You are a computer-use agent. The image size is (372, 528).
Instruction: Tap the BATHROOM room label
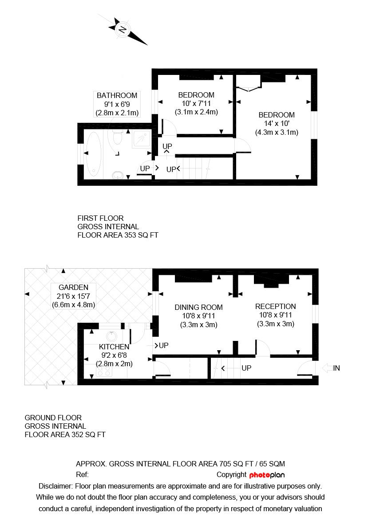117,95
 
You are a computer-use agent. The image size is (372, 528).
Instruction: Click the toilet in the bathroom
117,138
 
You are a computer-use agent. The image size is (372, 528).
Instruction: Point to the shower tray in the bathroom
142,139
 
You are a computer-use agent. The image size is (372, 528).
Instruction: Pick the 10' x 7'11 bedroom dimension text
196,103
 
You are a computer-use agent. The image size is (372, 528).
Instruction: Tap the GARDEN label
74,287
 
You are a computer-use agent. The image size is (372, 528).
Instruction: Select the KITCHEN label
114,347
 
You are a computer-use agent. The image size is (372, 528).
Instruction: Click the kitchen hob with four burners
104,372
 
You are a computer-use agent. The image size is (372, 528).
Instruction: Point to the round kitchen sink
111,336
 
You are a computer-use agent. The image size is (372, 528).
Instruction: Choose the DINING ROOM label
198,307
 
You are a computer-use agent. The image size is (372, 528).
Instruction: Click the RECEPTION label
276,306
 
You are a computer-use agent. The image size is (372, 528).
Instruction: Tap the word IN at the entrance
336,368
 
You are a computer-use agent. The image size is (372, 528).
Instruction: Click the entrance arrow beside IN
327,368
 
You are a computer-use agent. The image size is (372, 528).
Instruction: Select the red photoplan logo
267,475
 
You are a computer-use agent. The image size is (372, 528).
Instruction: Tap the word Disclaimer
55,486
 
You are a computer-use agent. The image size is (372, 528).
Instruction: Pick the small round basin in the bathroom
117,175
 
